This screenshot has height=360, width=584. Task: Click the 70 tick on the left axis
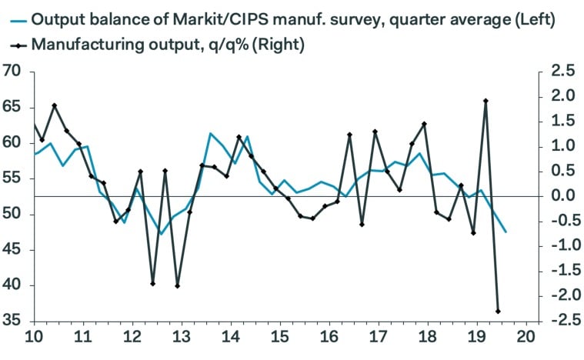pos(13,72)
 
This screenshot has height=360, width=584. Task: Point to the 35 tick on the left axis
pos(13,321)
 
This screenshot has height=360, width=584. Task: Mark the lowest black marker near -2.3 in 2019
pos(499,312)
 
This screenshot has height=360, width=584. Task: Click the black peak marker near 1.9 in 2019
pos(486,101)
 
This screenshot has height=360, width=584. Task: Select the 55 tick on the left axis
pos(13,178)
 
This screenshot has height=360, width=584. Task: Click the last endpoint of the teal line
pos(506,232)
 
